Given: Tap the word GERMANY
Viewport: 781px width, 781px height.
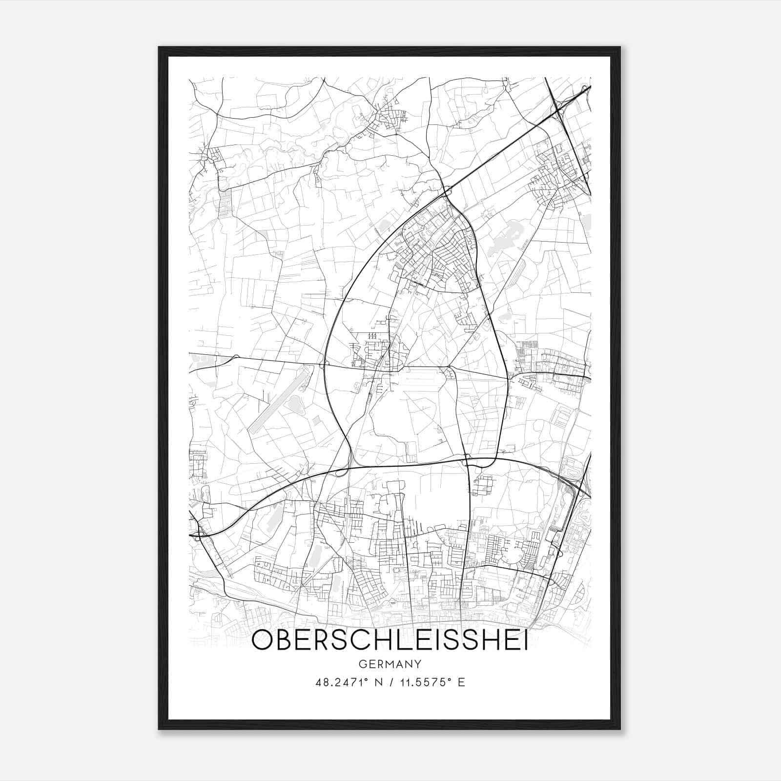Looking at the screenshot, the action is point(390,664).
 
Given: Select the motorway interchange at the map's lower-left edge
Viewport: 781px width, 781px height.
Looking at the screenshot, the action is point(198,535).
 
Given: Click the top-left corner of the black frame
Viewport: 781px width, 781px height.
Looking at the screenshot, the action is point(159,47).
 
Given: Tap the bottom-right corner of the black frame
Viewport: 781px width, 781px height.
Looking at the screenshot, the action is point(619,729).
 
